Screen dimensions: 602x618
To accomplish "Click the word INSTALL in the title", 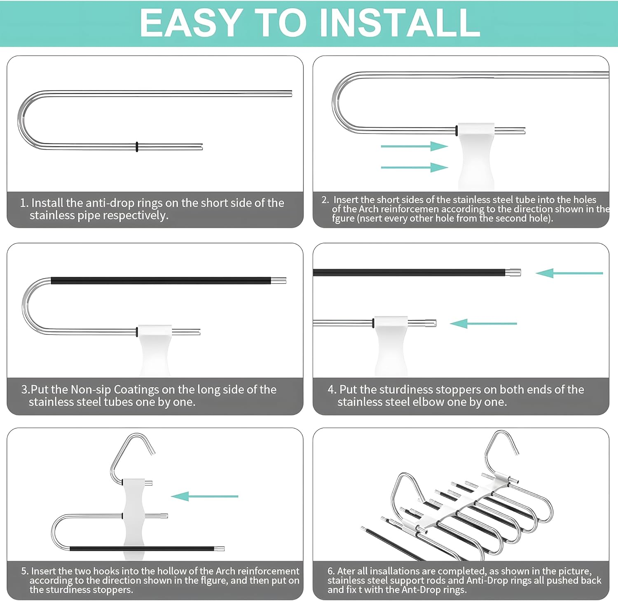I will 400,23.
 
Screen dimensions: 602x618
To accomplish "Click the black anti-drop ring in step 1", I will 137,147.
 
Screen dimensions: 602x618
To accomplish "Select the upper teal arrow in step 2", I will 414,146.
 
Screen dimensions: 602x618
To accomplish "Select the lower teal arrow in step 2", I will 414,167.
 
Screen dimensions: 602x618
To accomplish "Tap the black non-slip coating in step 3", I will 161,281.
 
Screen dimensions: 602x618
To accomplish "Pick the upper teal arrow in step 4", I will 569,273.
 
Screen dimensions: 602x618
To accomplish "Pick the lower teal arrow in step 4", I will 483,323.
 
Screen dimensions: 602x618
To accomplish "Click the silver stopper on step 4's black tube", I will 513,272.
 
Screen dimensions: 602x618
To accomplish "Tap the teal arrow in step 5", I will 204,496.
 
